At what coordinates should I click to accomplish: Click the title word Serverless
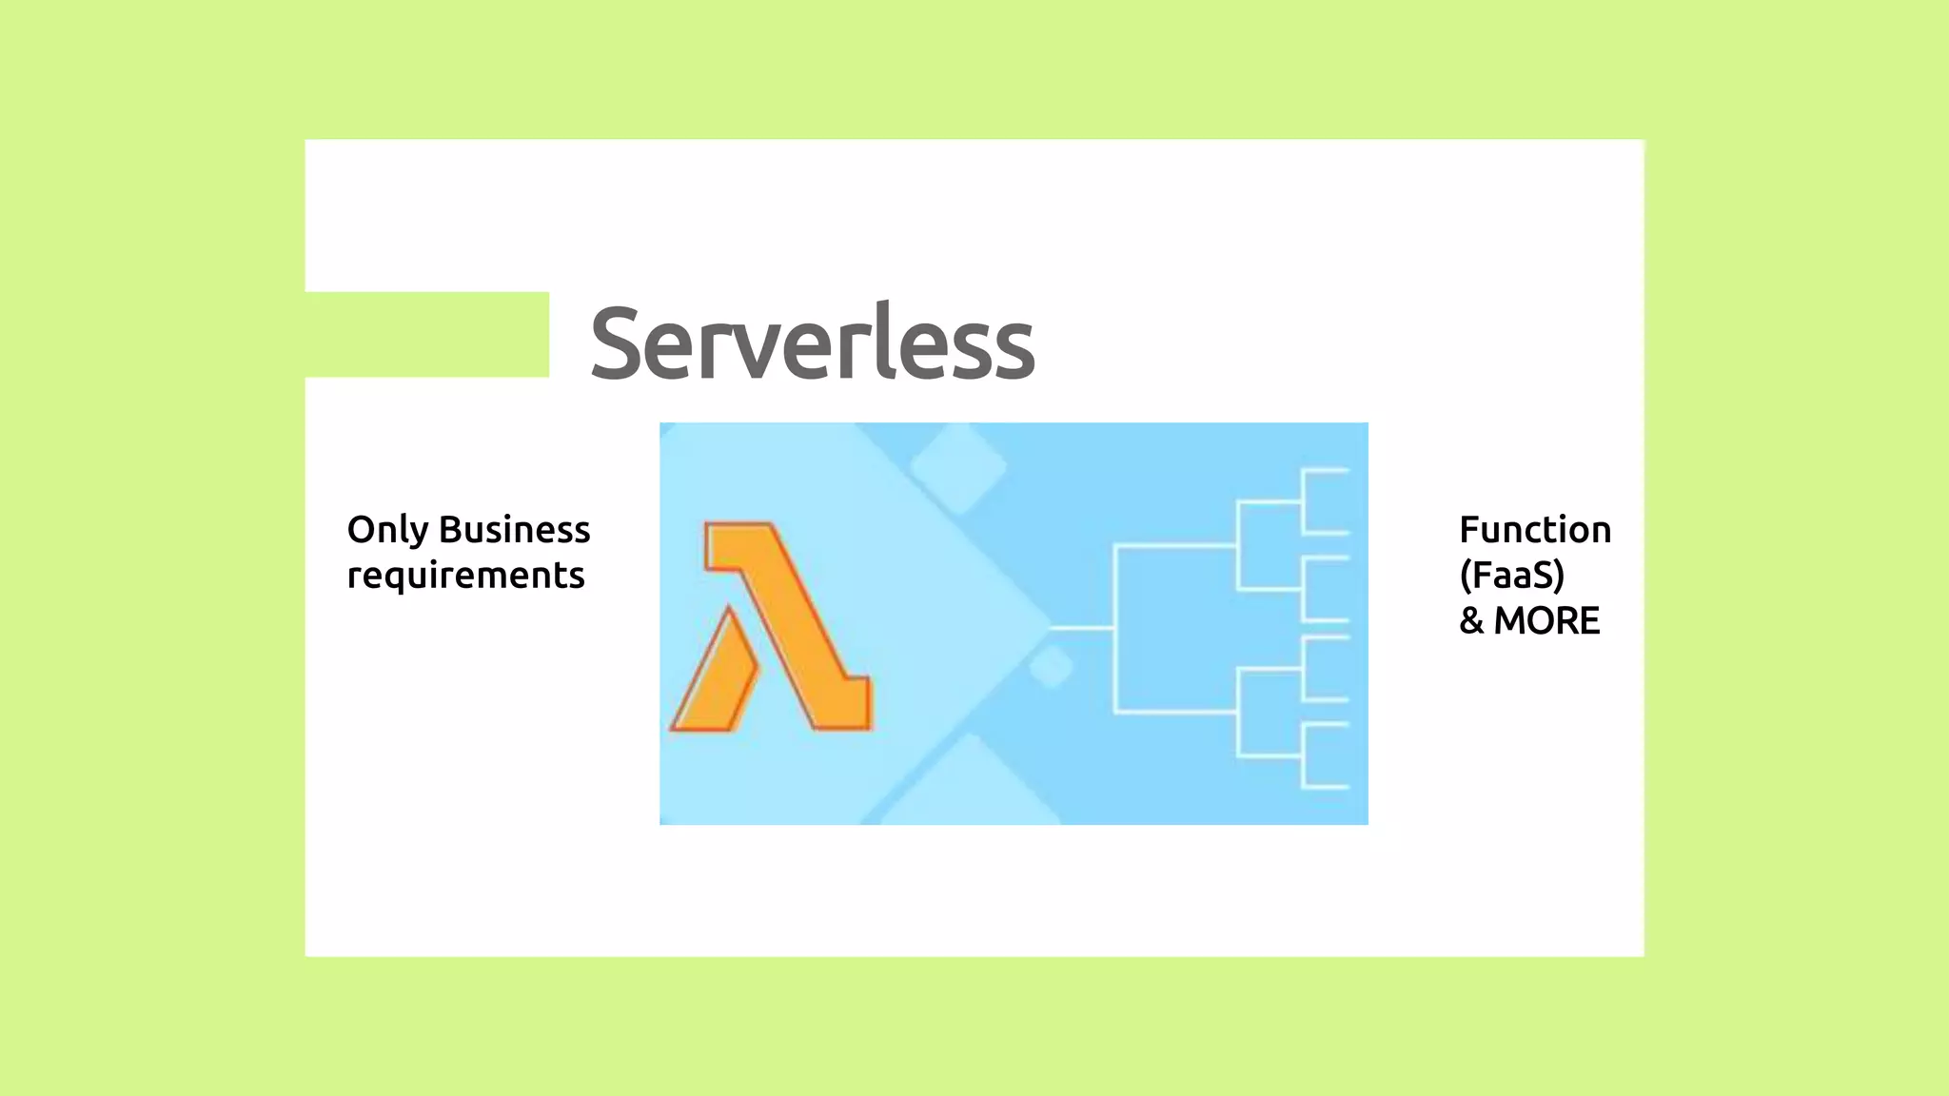[x=812, y=343]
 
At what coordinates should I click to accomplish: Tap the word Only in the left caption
[x=387, y=531]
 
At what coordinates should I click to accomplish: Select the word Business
[x=514, y=530]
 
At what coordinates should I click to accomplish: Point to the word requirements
[x=465, y=576]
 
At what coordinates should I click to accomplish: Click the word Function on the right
[x=1534, y=530]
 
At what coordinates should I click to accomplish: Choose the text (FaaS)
[x=1511, y=576]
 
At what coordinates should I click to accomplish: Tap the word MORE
[x=1546, y=621]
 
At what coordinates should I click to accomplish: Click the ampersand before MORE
[x=1471, y=621]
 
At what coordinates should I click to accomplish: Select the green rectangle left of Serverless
[x=426, y=334]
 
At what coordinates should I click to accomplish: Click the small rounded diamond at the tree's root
[x=1052, y=666]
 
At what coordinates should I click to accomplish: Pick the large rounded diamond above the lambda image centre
[x=958, y=467]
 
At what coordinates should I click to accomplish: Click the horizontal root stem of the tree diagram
[x=1083, y=628]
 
